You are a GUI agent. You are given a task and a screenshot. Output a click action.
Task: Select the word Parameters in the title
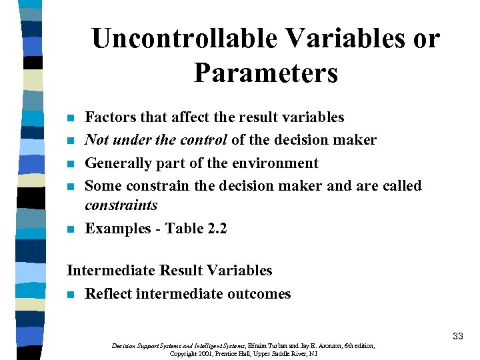266,73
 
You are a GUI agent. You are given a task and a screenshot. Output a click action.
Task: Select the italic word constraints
121,205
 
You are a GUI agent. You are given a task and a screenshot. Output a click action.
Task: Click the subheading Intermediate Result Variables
169,271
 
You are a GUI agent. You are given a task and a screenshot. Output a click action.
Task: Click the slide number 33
457,337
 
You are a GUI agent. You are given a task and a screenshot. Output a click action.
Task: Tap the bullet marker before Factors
71,119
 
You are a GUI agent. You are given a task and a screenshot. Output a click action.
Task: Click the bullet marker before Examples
71,230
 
